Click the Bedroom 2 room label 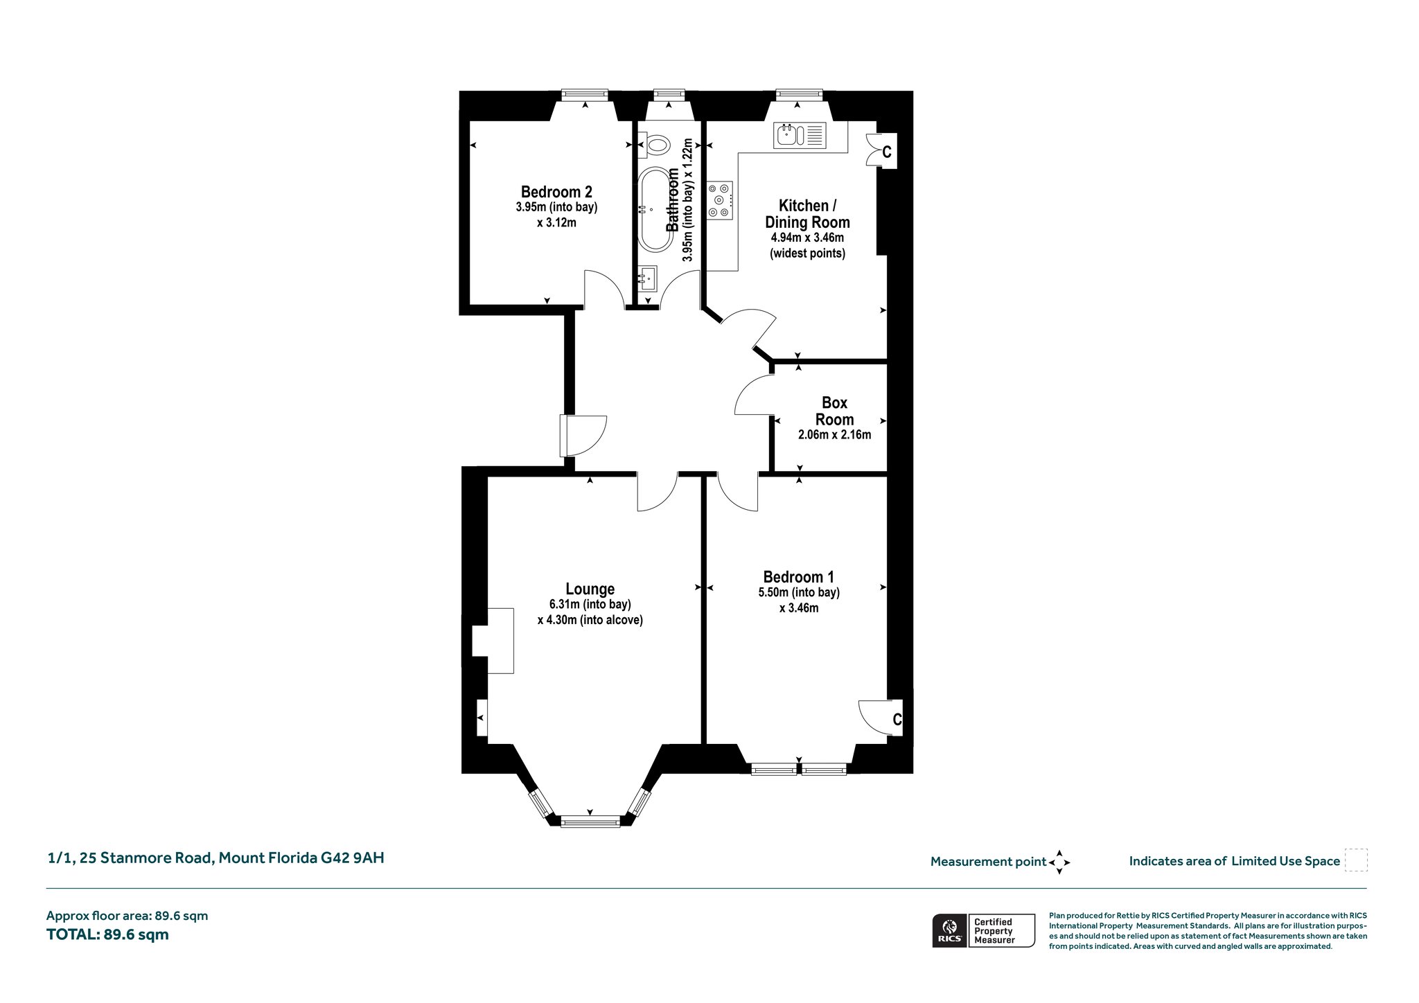coord(556,192)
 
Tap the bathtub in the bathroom coord(655,208)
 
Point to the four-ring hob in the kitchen coord(720,200)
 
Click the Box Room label coord(834,411)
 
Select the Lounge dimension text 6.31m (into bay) coord(590,604)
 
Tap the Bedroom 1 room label coord(799,576)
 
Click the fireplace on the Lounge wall coord(493,641)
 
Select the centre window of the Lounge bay coord(590,822)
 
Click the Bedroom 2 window coord(585,95)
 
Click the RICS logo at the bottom coord(949,930)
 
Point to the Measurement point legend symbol coord(1059,862)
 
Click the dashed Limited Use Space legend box coord(1356,860)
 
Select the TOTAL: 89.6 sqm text coord(107,934)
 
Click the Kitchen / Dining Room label coord(807,214)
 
